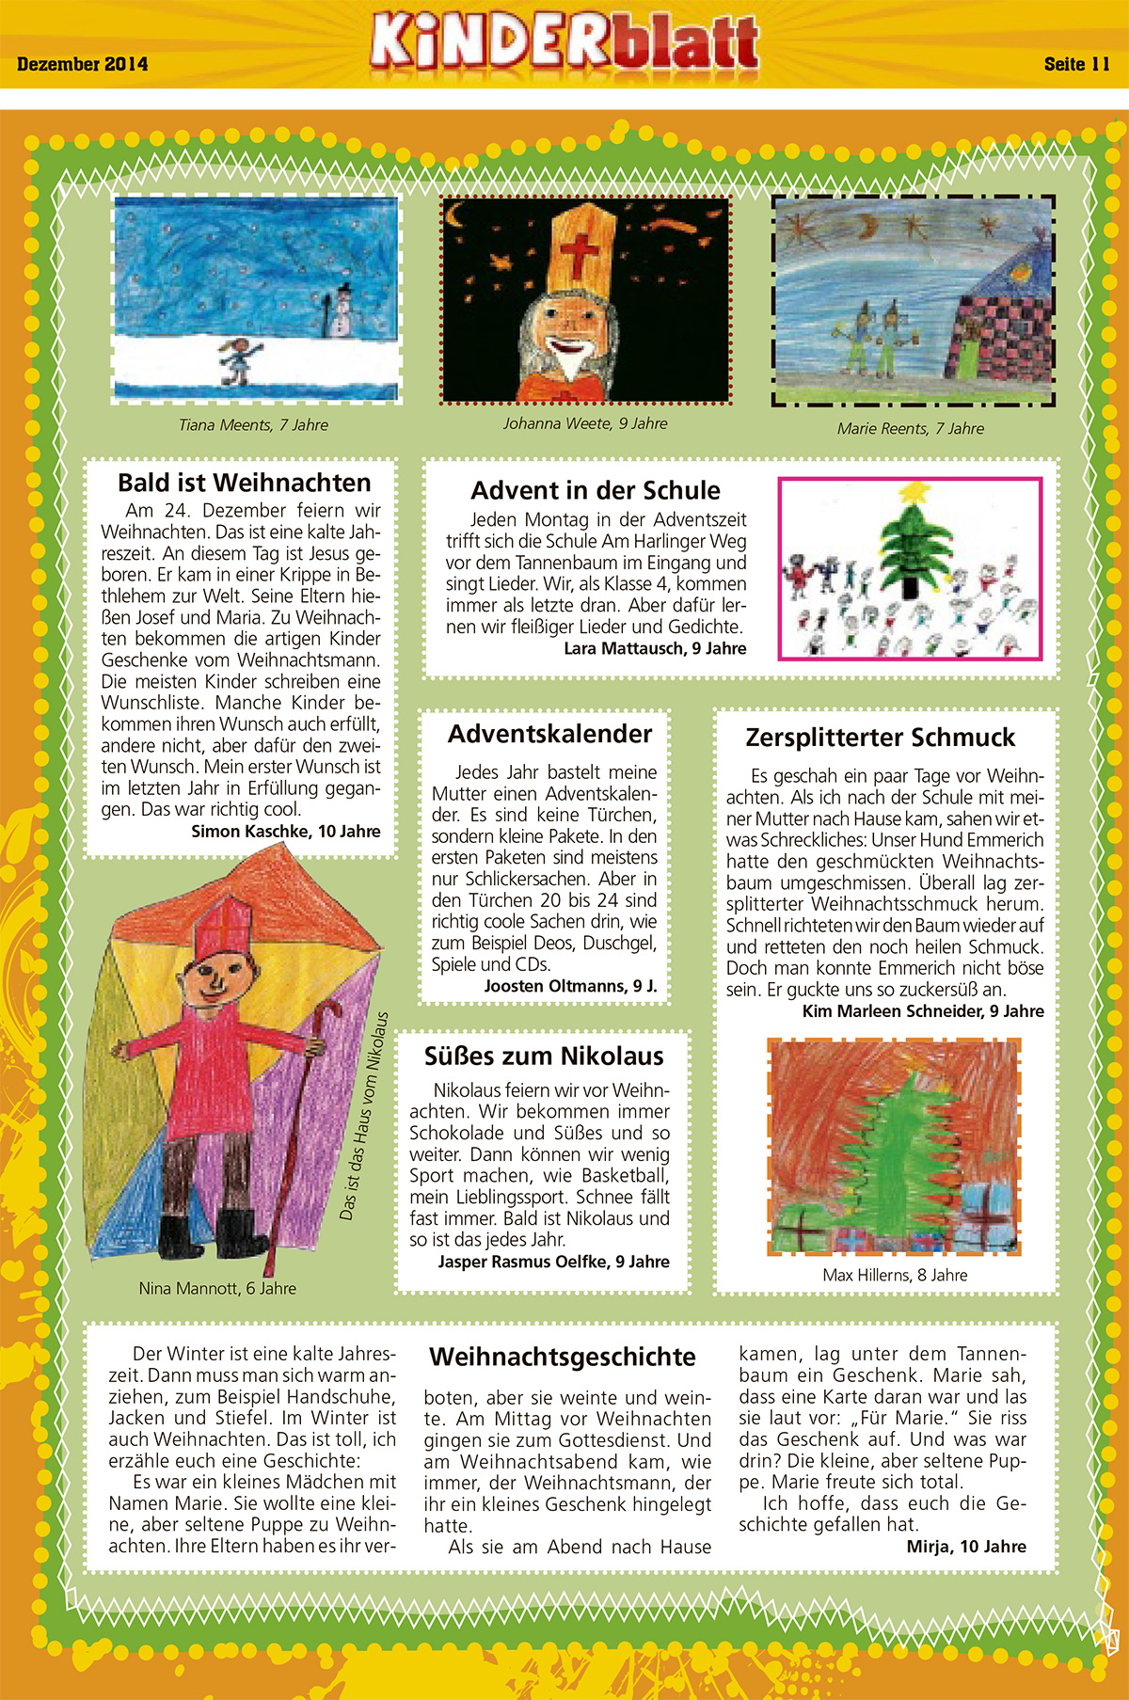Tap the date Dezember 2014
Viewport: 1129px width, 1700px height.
point(83,65)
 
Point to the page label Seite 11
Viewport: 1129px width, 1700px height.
point(1076,64)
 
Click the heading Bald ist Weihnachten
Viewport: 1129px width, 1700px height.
point(245,483)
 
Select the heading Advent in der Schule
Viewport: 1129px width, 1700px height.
point(596,490)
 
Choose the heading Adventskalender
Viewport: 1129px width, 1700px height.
point(549,734)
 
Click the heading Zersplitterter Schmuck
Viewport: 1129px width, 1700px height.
point(881,738)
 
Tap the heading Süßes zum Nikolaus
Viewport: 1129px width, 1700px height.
point(544,1056)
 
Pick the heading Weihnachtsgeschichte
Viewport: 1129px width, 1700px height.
point(563,1357)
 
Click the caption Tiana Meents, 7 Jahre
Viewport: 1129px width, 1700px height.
point(254,425)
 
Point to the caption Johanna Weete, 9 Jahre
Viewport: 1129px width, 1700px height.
point(585,423)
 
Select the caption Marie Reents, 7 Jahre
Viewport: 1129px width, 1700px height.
point(911,428)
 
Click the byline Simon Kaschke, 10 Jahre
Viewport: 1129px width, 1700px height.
point(286,831)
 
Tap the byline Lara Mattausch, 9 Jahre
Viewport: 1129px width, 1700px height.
point(655,648)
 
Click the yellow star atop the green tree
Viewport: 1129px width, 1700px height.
point(912,491)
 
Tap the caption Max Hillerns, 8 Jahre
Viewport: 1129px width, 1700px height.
point(895,1275)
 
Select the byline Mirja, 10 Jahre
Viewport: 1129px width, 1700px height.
point(966,1546)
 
